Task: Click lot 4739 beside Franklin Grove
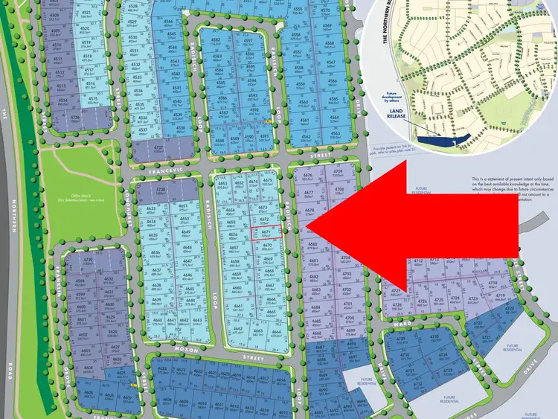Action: [x=89, y=261]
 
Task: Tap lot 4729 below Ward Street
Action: [x=403, y=340]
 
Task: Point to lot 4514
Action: [x=62, y=100]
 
